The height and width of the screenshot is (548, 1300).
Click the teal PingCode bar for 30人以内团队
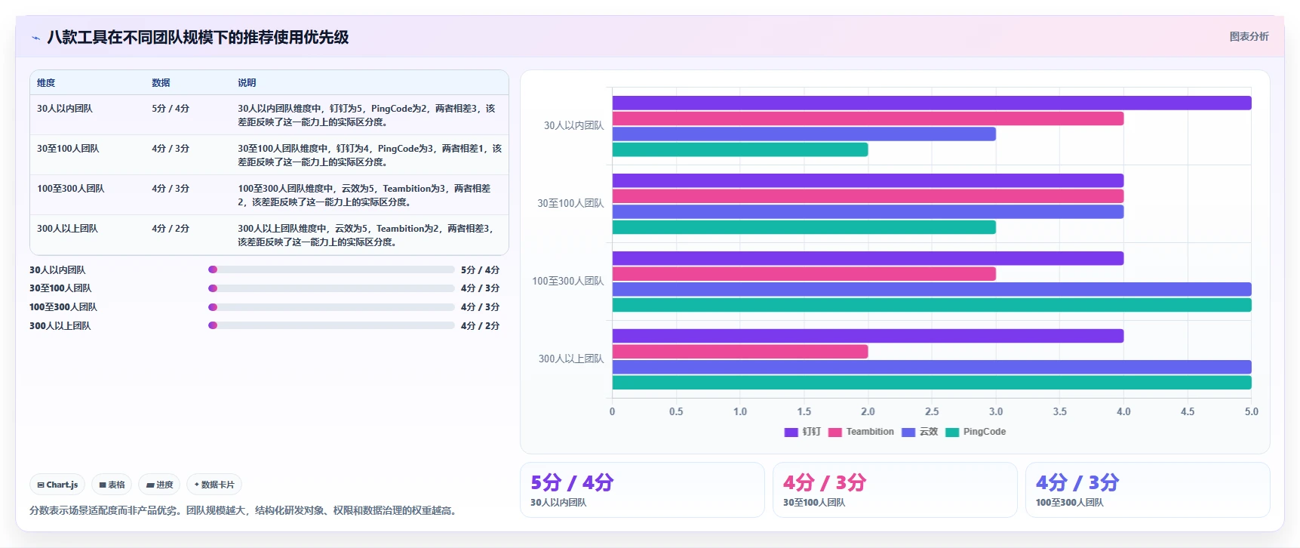740,149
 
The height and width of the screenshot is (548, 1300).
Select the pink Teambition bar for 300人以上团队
740,352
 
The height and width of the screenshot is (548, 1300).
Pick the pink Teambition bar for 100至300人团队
804,274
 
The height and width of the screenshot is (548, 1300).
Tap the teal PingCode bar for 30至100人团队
804,227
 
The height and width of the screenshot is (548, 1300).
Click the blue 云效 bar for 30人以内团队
804,134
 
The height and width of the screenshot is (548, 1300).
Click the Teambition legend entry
861,432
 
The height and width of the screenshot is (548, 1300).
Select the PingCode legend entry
976,432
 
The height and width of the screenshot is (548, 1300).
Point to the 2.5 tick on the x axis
932,411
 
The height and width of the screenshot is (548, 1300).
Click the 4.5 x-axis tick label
1188,411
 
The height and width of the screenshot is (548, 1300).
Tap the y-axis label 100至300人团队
568,281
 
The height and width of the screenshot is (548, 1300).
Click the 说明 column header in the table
247,82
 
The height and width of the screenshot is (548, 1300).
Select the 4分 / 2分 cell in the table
171,228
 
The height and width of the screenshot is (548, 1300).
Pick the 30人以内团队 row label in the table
65,108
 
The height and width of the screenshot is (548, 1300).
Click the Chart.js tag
57,485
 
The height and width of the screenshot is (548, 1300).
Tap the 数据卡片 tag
214,485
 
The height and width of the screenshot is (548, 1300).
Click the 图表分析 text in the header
1249,36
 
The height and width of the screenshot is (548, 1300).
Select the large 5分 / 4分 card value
572,482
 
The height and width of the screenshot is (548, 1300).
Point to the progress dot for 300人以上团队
213,325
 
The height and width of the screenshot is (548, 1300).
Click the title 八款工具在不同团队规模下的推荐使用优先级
198,37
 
